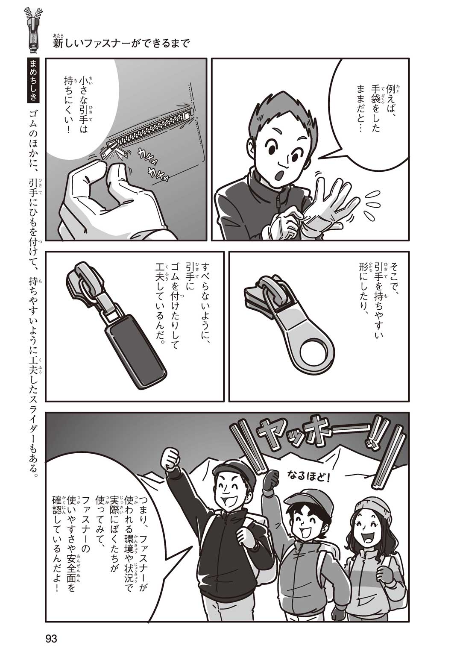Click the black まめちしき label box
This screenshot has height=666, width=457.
click(x=34, y=81)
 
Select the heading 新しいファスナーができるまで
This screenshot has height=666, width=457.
click(x=121, y=44)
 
